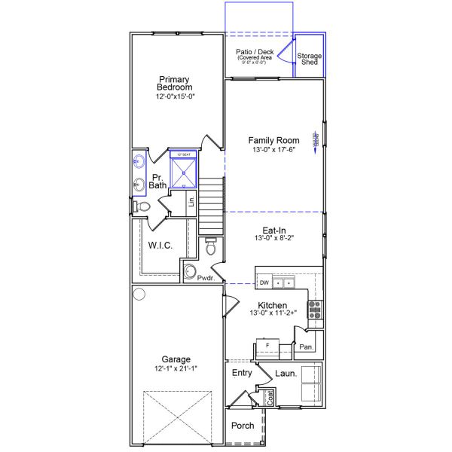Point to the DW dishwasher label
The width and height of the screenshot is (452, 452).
(x=264, y=283)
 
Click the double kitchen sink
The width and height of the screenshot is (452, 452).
(x=283, y=283)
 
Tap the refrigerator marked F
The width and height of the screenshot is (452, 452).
(x=267, y=346)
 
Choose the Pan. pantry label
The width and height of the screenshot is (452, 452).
(x=306, y=347)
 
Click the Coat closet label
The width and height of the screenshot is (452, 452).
(x=270, y=397)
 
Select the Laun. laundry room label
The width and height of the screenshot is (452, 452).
(x=286, y=373)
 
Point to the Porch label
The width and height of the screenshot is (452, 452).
(x=243, y=426)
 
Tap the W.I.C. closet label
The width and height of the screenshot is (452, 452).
(x=162, y=245)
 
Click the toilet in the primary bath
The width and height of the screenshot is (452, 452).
(x=141, y=206)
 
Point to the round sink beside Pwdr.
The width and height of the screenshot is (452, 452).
(x=191, y=272)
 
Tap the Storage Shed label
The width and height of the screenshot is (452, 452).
(x=309, y=60)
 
